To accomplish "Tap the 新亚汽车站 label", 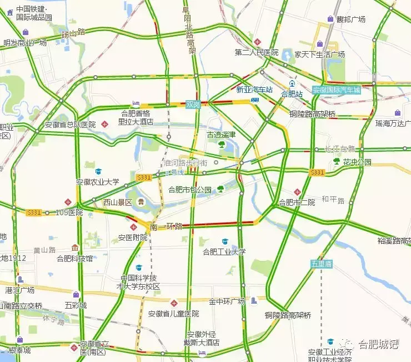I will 255,90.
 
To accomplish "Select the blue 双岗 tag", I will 193,105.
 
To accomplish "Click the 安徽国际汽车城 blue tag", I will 336,90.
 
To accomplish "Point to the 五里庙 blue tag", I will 321,264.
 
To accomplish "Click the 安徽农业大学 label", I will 98,181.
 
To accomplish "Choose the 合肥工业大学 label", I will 224,251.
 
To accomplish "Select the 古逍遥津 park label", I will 222,135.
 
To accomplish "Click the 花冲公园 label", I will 357,162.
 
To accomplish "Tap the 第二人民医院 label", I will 256,53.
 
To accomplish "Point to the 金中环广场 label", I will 227,302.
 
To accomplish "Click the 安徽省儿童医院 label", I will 173,314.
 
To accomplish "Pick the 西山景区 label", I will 118,202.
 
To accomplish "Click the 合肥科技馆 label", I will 75,258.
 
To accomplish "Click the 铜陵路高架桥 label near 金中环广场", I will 288,315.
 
